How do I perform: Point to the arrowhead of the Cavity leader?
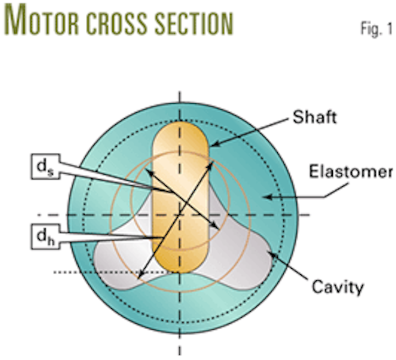click(268, 253)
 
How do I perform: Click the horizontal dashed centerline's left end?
click(41, 214)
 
